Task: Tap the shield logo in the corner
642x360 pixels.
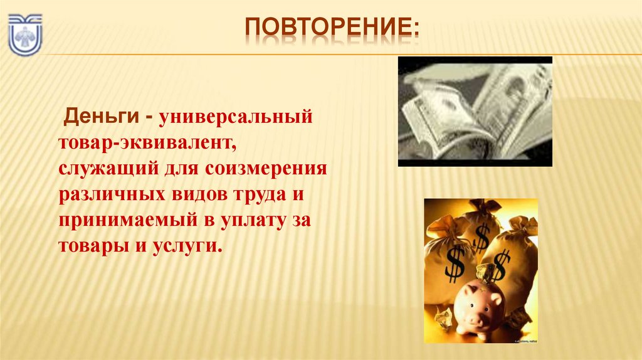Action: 24,34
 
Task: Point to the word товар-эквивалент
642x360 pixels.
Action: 147,144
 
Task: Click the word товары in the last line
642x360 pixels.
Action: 92,245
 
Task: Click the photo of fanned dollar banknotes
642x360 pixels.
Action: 475,111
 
